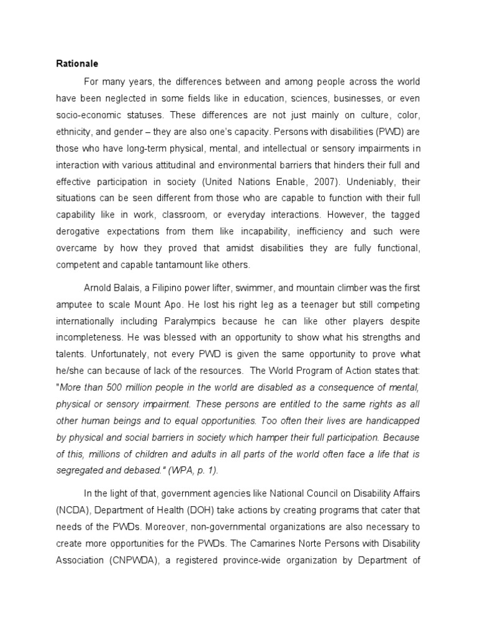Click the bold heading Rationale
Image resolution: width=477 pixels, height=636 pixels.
tap(78, 63)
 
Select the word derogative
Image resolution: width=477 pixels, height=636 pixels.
tap(81, 231)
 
